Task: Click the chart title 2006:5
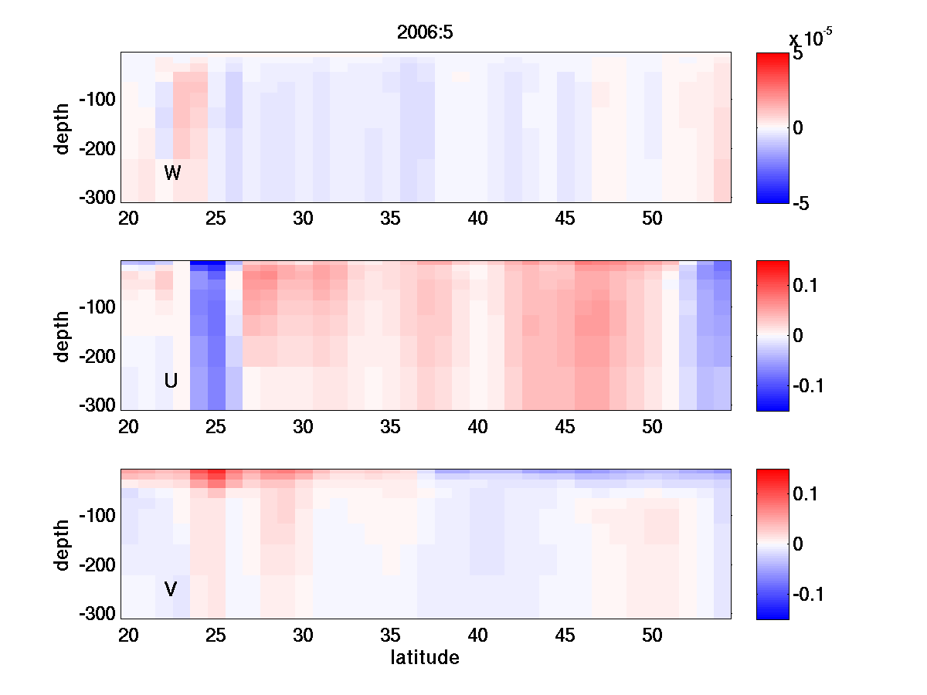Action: pyautogui.click(x=424, y=32)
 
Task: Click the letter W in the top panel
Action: pyautogui.click(x=172, y=174)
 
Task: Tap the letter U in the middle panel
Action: pyautogui.click(x=171, y=381)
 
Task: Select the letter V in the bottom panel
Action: pyautogui.click(x=171, y=590)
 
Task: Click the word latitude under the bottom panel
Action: pyautogui.click(x=424, y=658)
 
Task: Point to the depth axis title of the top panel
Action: pyautogui.click(x=63, y=127)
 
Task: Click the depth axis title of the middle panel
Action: pyautogui.click(x=63, y=336)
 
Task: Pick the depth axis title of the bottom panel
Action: pyautogui.click(x=63, y=544)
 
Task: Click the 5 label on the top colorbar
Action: pyautogui.click(x=797, y=55)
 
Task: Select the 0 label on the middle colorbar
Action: pyautogui.click(x=799, y=336)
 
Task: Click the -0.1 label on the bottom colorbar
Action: pyautogui.click(x=807, y=594)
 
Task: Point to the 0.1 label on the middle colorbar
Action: pyautogui.click(x=804, y=286)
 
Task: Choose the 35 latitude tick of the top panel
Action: pyautogui.click(x=390, y=219)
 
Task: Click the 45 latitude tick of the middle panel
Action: pyautogui.click(x=565, y=427)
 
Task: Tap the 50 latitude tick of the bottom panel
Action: pyautogui.click(x=653, y=636)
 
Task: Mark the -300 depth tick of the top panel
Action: pyautogui.click(x=97, y=197)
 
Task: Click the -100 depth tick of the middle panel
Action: pyautogui.click(x=97, y=307)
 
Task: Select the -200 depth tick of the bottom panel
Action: pyautogui.click(x=97, y=565)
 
